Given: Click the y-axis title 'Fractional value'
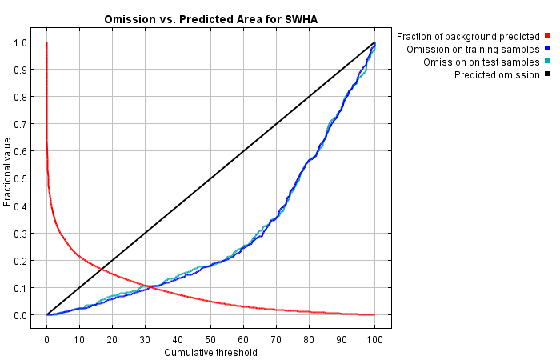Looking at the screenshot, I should [8, 172].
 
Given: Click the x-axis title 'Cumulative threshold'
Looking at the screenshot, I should [210, 352].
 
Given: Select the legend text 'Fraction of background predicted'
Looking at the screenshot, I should [468, 36].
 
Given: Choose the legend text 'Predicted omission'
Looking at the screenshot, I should [497, 74].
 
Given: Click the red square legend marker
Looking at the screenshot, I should [548, 36].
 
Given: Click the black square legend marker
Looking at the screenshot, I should [548, 74].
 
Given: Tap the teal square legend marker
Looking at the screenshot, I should [548, 62].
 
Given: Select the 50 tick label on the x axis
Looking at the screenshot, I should [210, 338].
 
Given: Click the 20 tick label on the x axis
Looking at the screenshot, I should [112, 338].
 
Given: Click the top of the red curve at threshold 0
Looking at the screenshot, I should [47, 43].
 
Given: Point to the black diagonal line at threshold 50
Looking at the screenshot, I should [210, 178].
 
